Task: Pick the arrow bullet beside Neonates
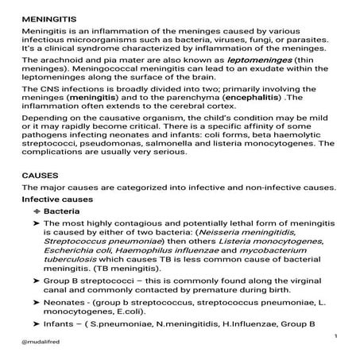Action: pos(26,305)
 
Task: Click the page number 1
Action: pos(336,337)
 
